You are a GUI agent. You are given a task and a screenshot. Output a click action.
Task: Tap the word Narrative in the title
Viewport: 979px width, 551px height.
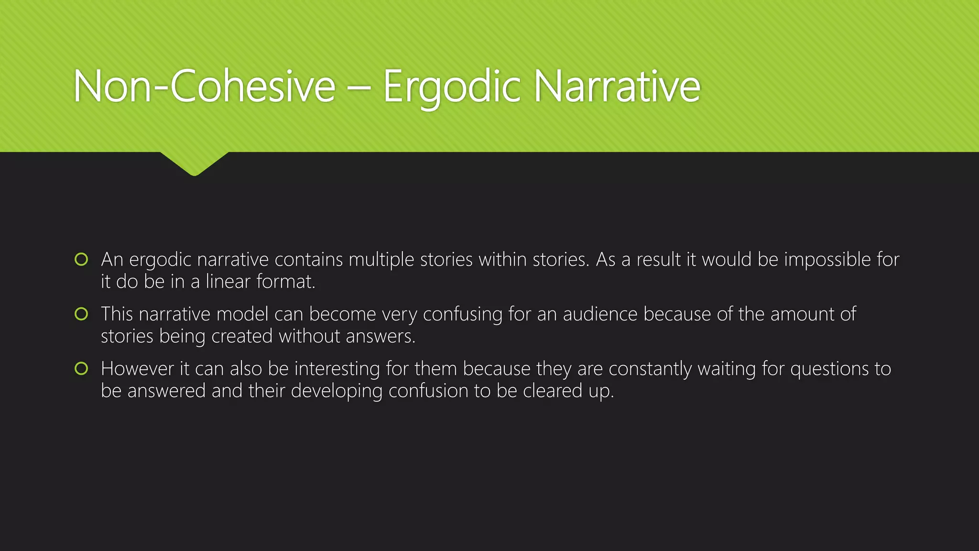point(617,87)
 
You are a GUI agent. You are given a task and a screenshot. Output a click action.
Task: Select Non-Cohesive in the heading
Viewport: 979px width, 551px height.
point(204,87)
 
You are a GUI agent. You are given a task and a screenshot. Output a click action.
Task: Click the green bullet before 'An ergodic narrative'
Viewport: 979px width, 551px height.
point(81,259)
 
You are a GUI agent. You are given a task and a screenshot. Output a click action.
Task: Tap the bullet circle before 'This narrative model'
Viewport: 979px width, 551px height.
point(81,314)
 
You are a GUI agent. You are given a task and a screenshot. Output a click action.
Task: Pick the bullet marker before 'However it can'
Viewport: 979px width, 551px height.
point(81,368)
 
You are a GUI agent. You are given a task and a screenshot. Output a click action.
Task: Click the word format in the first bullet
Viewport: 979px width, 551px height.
point(285,282)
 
